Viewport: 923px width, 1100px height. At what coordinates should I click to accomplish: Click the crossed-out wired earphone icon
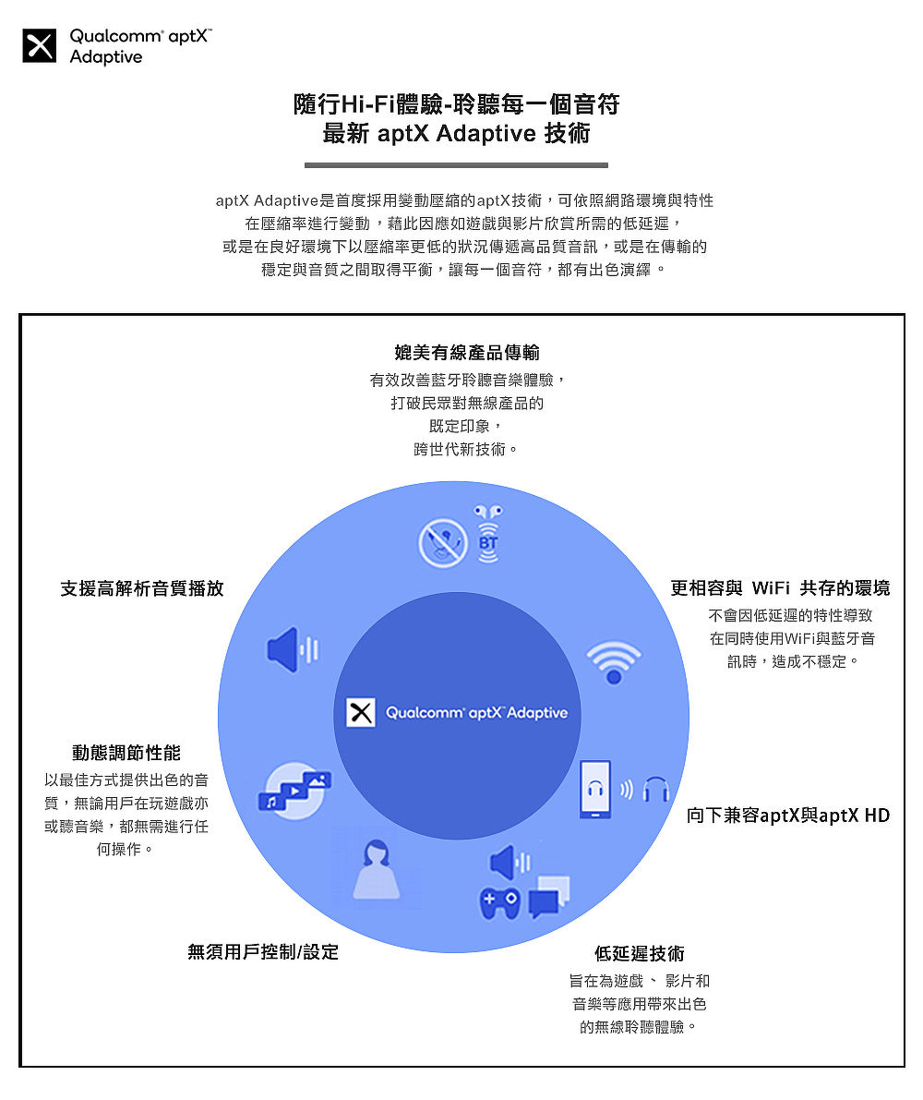tap(443, 543)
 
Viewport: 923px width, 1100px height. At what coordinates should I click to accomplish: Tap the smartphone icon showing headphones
tap(596, 790)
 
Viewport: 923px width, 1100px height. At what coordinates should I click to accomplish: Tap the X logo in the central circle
tap(360, 713)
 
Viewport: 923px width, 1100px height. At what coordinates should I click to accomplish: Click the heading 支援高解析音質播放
tap(142, 588)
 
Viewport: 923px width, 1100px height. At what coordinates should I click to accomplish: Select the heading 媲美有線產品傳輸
tap(467, 352)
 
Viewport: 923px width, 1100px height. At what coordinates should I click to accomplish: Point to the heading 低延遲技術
tap(640, 953)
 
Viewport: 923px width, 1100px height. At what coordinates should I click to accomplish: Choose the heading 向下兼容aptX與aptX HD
tap(788, 816)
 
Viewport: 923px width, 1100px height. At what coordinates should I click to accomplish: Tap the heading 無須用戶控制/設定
tap(263, 951)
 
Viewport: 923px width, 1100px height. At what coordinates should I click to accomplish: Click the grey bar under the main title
tap(456, 165)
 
